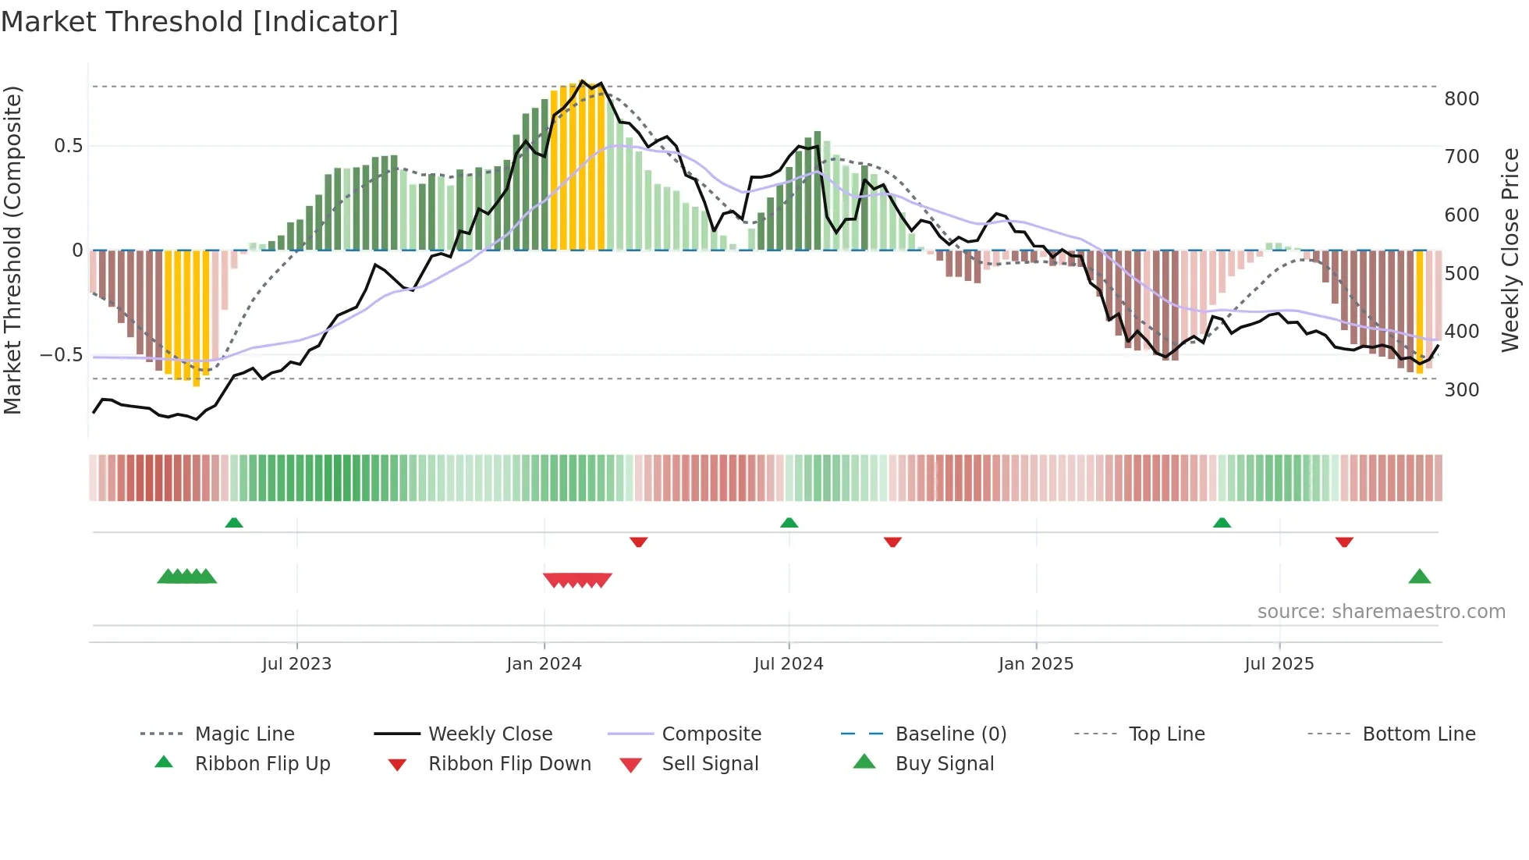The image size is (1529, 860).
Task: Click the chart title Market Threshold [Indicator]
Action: coord(200,22)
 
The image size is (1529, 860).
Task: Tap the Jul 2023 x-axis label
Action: coord(296,663)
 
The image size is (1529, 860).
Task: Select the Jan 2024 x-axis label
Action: coord(544,663)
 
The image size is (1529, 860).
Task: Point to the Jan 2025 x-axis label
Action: coord(1036,663)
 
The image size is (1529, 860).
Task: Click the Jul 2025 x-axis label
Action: coord(1279,663)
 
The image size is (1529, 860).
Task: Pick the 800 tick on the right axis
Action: coord(1461,99)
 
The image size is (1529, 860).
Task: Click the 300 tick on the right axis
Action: coord(1461,389)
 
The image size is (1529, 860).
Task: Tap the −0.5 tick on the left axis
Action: coord(61,355)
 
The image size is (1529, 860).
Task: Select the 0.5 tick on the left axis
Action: coord(68,146)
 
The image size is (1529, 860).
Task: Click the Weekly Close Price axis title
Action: coord(1510,250)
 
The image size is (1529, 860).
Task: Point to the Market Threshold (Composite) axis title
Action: coord(12,250)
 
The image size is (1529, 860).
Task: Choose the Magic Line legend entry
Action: coord(244,734)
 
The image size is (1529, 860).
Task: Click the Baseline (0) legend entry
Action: coord(950,734)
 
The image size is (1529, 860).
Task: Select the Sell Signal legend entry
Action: coord(710,763)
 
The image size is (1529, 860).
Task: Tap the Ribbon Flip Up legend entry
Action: coord(262,763)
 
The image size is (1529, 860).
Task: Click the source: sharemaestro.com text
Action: coord(1381,611)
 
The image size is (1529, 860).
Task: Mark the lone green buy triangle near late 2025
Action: coord(1419,577)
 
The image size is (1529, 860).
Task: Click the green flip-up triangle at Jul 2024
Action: coord(789,522)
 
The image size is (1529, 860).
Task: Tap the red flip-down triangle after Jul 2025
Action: coord(1343,542)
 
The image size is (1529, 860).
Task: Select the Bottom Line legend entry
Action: coord(1418,734)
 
